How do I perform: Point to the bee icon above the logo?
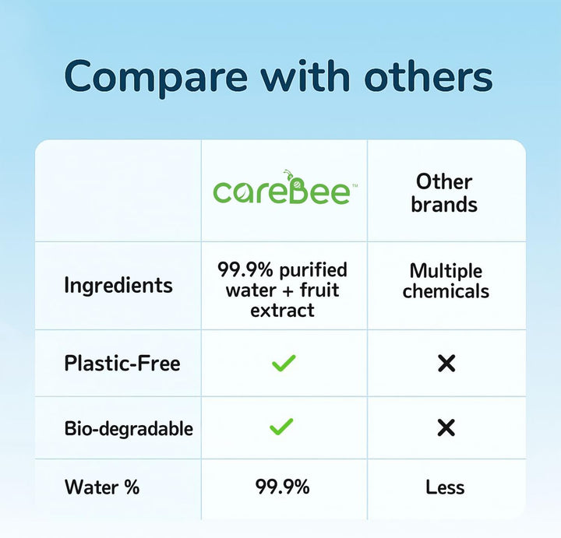point(290,176)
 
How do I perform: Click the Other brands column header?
point(444,193)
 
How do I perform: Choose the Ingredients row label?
point(118,285)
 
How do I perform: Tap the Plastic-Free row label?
point(122,363)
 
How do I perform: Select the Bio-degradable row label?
point(129,428)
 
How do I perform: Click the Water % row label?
point(102,487)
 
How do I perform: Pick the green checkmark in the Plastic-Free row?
point(283,363)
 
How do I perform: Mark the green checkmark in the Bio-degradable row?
point(281,427)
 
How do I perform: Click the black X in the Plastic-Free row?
point(446,363)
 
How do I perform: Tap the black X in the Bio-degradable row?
point(446,427)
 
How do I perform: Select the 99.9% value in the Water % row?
point(282,487)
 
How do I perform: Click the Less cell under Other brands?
point(445,487)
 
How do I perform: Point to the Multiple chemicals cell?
point(446,281)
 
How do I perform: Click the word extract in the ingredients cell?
point(282,310)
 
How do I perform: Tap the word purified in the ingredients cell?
point(312,270)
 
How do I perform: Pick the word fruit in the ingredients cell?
point(319,290)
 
